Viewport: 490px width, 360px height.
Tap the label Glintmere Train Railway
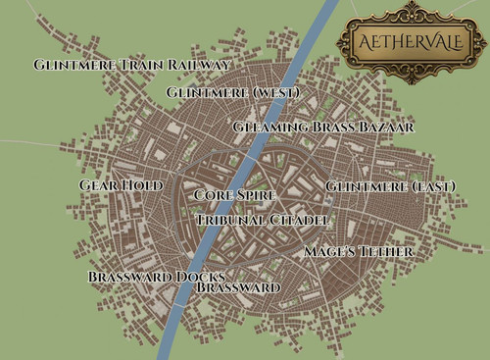(x=131, y=65)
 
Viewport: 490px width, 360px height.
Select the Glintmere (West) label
(x=231, y=92)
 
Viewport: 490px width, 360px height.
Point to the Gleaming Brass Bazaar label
(x=323, y=128)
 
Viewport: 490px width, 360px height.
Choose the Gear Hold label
(x=121, y=184)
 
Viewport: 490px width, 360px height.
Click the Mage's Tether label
(x=358, y=252)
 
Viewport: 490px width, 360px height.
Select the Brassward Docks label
(x=157, y=277)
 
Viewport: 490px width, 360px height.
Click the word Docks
(x=205, y=277)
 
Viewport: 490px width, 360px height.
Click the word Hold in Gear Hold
(x=142, y=184)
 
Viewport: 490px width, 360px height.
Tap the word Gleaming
(x=269, y=128)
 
